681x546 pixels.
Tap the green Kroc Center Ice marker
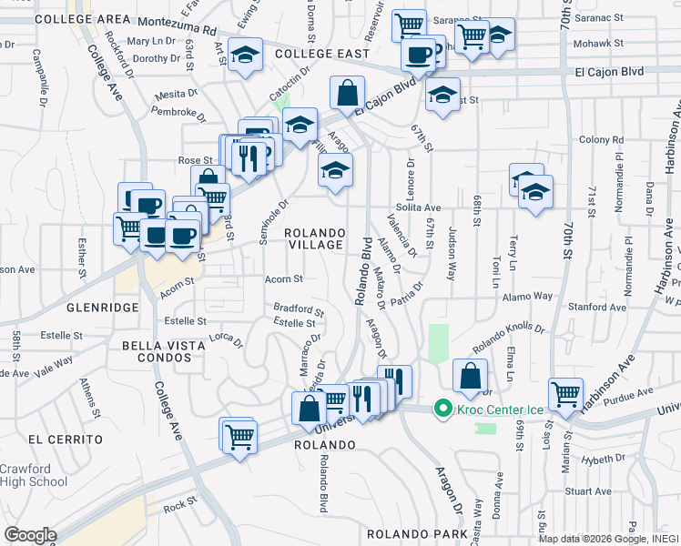444,409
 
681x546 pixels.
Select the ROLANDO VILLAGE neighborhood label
315,238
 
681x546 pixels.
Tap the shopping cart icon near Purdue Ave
566,394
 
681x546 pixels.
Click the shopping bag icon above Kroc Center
470,374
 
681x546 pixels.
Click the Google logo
30,535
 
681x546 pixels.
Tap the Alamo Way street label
530,296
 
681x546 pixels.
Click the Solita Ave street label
418,207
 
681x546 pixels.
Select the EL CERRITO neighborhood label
61,438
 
